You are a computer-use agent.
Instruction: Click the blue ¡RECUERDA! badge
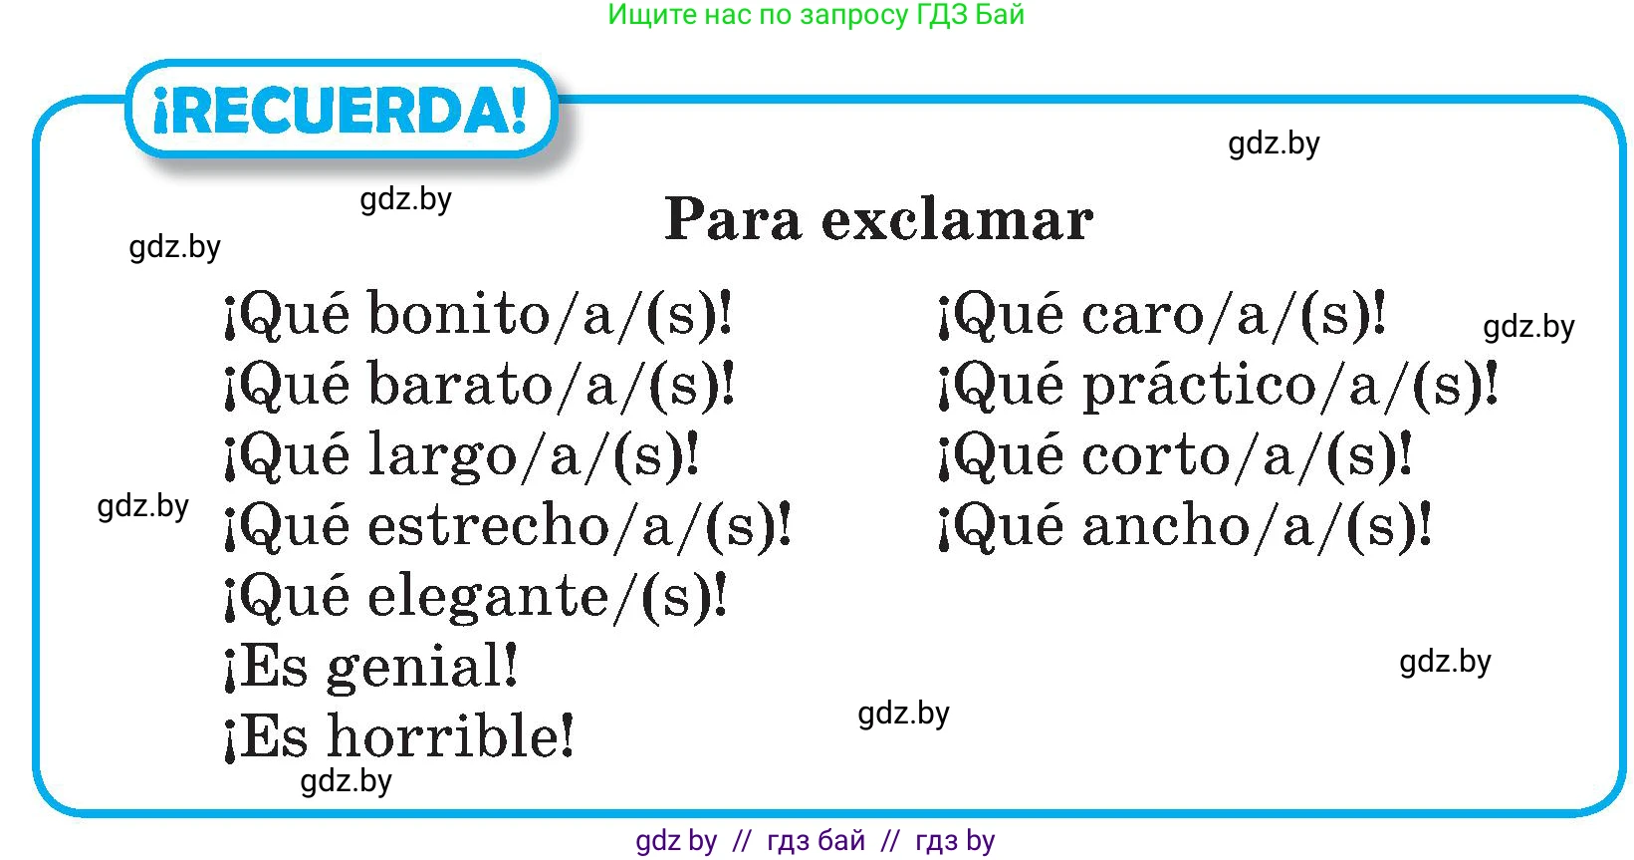(x=342, y=109)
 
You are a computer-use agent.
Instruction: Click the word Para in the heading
(x=733, y=219)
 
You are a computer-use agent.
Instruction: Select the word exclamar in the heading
(x=957, y=219)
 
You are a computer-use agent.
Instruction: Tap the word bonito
(x=458, y=314)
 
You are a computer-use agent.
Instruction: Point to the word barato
(x=460, y=384)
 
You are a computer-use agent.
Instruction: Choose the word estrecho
(x=488, y=525)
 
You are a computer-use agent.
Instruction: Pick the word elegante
(x=487, y=598)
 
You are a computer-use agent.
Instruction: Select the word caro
(x=1142, y=315)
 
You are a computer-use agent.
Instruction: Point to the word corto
(x=1155, y=455)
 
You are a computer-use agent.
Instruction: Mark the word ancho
(x=1166, y=525)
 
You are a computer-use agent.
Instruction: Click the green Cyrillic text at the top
(x=816, y=15)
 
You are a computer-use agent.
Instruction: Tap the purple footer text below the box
(x=815, y=841)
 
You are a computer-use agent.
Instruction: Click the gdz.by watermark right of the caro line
(x=1529, y=326)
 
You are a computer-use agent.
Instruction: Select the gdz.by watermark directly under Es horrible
(x=346, y=781)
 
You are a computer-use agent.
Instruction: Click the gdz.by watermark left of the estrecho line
(x=143, y=506)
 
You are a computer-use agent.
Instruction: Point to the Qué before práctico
(x=1008, y=386)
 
